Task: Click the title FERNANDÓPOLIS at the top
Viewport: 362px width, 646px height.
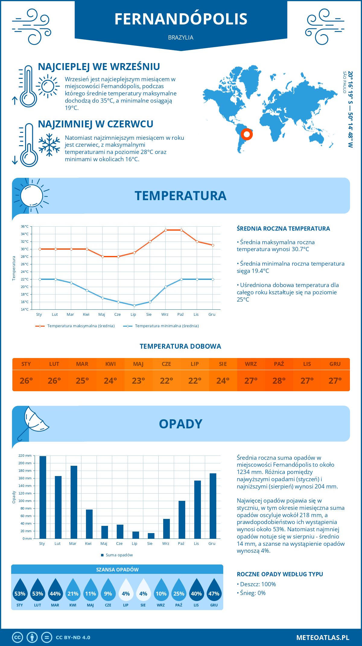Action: pyautogui.click(x=181, y=19)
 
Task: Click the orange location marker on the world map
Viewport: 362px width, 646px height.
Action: pyautogui.click(x=247, y=134)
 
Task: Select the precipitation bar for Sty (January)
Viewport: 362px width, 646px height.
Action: pyautogui.click(x=43, y=497)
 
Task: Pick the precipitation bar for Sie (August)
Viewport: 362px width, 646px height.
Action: pyautogui.click(x=151, y=536)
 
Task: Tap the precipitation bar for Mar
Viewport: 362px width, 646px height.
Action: pyautogui.click(x=74, y=502)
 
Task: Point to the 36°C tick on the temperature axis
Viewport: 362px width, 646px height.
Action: pyautogui.click(x=25, y=226)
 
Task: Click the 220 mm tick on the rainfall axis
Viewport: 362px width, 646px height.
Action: pyautogui.click(x=25, y=456)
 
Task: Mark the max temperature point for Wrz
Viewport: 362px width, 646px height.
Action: pyautogui.click(x=166, y=230)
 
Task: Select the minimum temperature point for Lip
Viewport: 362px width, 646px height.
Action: pyautogui.click(x=134, y=305)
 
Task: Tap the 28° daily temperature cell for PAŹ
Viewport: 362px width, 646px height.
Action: pyautogui.click(x=279, y=381)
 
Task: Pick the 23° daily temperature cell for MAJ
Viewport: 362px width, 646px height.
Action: pyautogui.click(x=138, y=381)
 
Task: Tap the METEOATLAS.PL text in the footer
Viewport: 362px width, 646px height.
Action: pyautogui.click(x=322, y=638)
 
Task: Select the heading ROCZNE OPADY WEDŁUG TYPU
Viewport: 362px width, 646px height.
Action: pyautogui.click(x=280, y=574)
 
